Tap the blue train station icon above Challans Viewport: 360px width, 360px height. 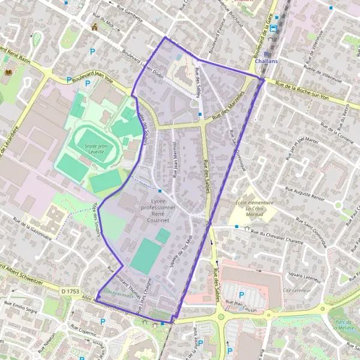coord(274,28)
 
